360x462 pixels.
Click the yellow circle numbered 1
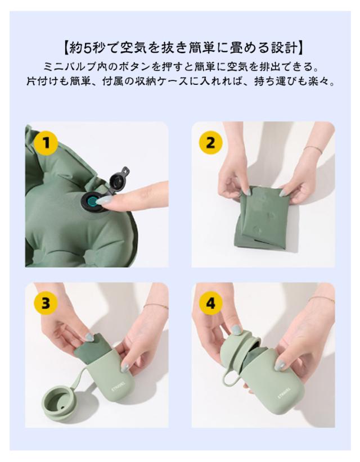point(46,144)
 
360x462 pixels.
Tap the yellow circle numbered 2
point(210,143)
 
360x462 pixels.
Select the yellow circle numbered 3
point(46,302)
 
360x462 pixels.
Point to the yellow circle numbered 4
point(210,303)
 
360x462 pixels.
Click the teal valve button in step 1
point(93,202)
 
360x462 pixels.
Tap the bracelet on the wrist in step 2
point(313,148)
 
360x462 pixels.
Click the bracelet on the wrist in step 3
point(156,306)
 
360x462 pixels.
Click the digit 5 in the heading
point(87,48)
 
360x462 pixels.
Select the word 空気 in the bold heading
point(133,48)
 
